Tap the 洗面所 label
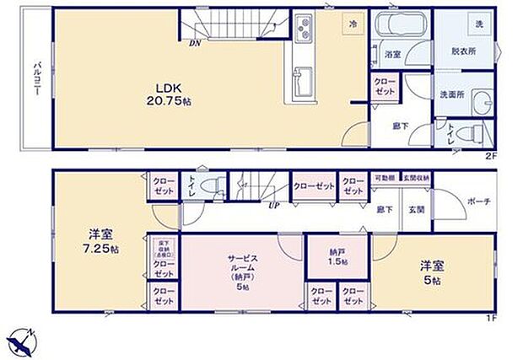click(x=451, y=94)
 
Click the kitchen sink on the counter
click(x=302, y=81)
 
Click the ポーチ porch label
click(x=478, y=201)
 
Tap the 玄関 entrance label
click(x=418, y=209)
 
